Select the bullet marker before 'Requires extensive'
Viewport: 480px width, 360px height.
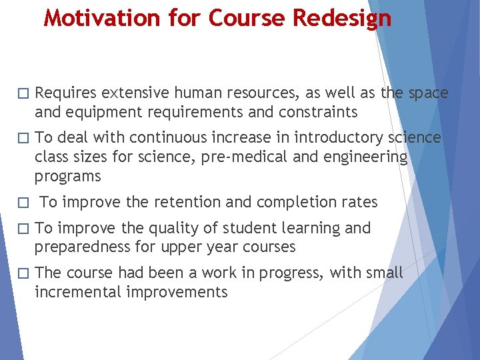[x=23, y=93]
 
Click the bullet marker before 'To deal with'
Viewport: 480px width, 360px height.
[x=23, y=138]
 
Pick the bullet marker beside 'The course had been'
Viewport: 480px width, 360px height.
[x=23, y=273]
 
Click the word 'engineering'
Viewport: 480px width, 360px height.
[x=365, y=157]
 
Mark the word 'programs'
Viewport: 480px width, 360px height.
[x=68, y=177]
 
